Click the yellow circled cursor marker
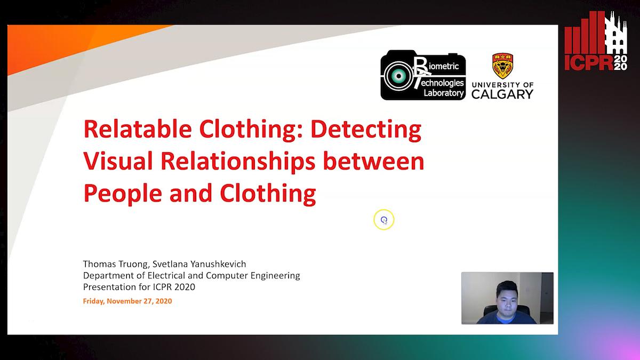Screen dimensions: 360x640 [383, 220]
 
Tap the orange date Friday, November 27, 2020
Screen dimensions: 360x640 [127, 301]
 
